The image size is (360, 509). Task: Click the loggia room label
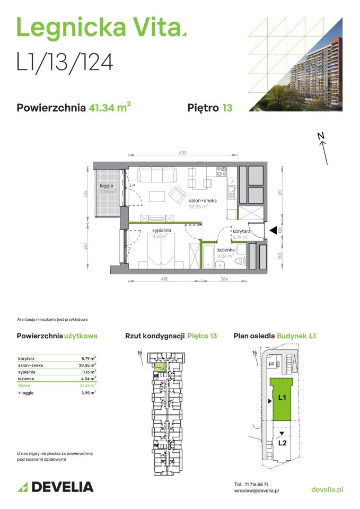click(107, 186)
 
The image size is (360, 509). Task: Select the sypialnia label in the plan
click(161, 231)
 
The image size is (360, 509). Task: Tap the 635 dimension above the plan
click(182, 153)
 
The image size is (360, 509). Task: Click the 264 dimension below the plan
click(224, 279)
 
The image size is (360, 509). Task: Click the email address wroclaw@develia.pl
click(257, 492)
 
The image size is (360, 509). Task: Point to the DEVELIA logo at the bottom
click(55, 487)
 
